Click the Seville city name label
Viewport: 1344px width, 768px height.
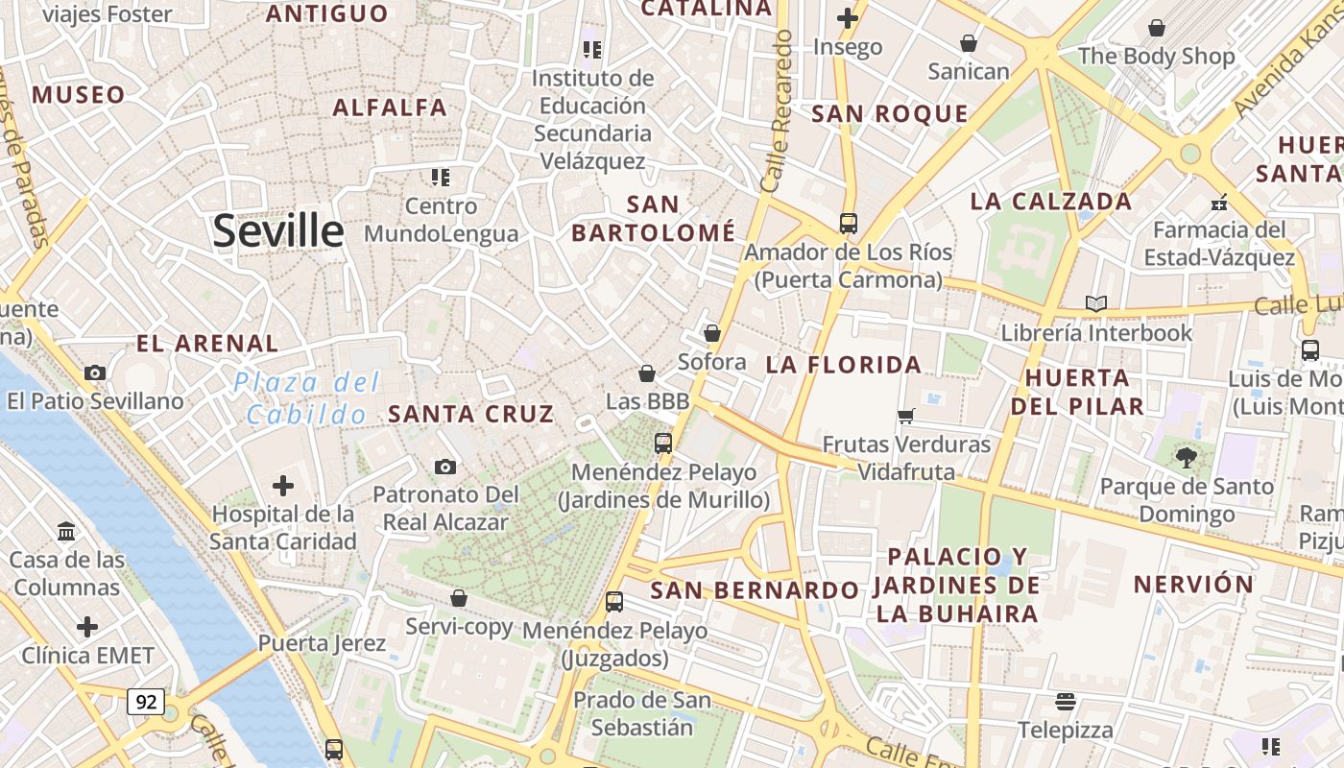[277, 231]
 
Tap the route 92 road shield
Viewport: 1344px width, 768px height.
[145, 702]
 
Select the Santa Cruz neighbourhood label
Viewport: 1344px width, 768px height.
[470, 414]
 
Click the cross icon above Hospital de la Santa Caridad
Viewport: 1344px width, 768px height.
[283, 486]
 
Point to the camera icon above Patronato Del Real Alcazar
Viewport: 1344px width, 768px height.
[444, 467]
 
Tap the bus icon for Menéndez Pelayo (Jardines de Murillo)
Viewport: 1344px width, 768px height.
[663, 444]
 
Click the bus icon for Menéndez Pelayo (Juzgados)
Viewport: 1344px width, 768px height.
[614, 603]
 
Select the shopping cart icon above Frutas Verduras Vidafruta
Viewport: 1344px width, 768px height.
[905, 417]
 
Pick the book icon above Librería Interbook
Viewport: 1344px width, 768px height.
[1095, 304]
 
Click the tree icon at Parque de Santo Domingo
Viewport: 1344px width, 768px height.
[1187, 458]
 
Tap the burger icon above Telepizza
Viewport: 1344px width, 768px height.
[1066, 702]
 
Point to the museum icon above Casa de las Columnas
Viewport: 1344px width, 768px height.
[66, 531]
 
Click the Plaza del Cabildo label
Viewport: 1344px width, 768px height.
[306, 398]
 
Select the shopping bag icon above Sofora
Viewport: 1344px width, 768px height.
[711, 333]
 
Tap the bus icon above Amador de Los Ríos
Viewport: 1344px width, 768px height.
[848, 224]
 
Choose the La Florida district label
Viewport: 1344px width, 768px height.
[844, 365]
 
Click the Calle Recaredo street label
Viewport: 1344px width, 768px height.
[777, 110]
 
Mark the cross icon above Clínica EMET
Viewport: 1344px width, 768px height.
[87, 628]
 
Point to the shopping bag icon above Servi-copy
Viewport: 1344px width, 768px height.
[459, 598]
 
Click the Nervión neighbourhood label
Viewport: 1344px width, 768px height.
[1193, 584]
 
